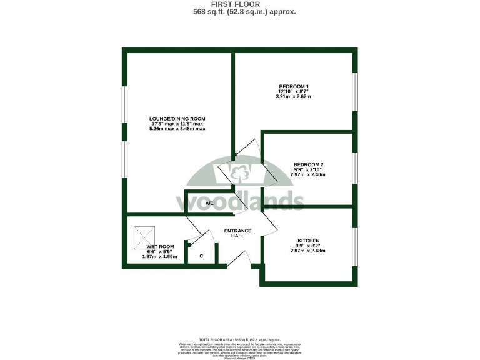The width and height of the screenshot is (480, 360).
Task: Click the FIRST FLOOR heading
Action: tap(240, 4)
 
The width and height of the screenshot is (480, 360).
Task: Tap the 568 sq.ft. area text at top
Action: tap(240, 12)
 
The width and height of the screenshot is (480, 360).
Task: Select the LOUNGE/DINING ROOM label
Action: tap(177, 119)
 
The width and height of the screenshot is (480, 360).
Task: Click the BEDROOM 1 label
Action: tap(294, 86)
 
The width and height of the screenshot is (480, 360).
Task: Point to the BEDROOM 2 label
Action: tap(308, 165)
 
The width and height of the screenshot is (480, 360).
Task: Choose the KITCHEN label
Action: tap(308, 241)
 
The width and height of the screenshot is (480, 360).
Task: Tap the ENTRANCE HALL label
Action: tap(237, 234)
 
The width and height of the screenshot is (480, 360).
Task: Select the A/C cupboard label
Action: tap(192, 204)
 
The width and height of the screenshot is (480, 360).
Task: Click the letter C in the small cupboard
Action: tap(201, 256)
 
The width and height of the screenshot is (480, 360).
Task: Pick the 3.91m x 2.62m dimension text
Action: tap(294, 97)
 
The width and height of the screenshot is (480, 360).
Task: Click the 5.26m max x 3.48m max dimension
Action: tap(177, 129)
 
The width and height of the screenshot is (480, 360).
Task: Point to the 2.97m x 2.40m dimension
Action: tap(308, 174)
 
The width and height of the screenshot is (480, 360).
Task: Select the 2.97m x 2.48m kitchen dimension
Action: tap(308, 251)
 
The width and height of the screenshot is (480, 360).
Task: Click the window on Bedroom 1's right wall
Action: tap(354, 92)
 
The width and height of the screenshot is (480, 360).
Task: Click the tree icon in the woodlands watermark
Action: tap(240, 169)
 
